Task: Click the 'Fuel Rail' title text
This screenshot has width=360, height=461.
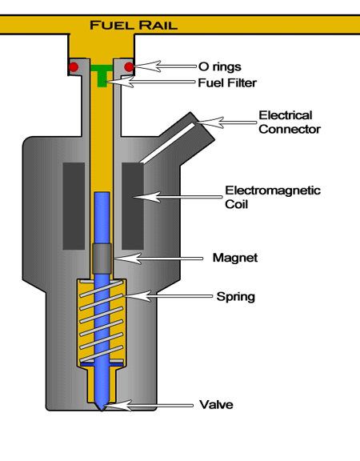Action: [134, 25]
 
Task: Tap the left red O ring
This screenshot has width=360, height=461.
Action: [74, 67]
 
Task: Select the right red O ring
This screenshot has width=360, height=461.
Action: [129, 67]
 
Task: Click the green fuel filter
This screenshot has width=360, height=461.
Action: [102, 75]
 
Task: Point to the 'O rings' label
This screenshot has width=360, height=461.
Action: [220, 66]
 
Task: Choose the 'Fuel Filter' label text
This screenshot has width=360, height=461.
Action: [227, 83]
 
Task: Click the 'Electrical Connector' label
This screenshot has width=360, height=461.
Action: [290, 122]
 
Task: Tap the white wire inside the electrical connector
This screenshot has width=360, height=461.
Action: [167, 143]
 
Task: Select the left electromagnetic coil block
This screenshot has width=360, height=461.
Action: [74, 206]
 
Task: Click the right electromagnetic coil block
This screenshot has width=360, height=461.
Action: [133, 206]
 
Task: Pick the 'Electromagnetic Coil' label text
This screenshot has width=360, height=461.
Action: [273, 197]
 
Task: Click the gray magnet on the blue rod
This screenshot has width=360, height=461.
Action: [102, 259]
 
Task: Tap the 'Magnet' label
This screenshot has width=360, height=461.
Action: [235, 258]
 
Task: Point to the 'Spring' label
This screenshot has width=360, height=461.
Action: [236, 297]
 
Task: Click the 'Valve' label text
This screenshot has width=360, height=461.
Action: [216, 405]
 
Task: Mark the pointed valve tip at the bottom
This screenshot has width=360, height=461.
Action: [102, 409]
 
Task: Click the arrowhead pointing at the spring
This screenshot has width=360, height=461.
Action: [138, 296]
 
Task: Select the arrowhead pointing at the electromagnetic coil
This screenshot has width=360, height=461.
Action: [147, 197]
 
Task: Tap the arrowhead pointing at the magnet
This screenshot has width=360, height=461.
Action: [128, 259]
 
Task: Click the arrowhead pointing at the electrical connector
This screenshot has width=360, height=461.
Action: [210, 122]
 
